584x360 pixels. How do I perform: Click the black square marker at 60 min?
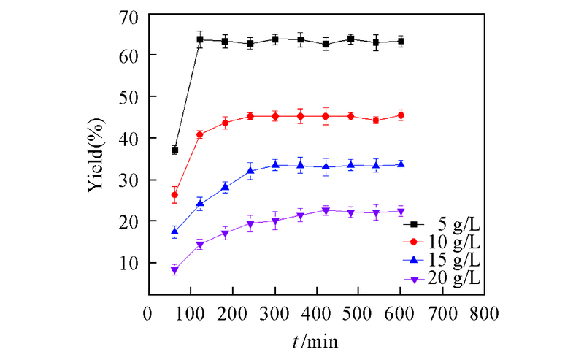pyautogui.click(x=174, y=150)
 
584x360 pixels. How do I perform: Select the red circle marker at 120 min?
pyautogui.click(x=200, y=134)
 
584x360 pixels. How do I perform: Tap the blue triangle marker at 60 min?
pyautogui.click(x=174, y=231)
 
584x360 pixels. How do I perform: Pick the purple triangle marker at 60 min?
pyautogui.click(x=174, y=271)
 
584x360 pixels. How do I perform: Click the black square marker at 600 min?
pyautogui.click(x=401, y=42)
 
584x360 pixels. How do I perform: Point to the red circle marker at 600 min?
pyautogui.click(x=401, y=115)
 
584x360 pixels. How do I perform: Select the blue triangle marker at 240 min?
pyautogui.click(x=250, y=171)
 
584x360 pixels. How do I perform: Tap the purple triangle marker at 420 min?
pyautogui.click(x=326, y=211)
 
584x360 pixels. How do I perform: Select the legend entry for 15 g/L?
pyautogui.click(x=445, y=261)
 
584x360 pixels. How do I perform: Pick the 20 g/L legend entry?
pyautogui.click(x=445, y=279)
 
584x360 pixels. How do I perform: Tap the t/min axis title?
pyautogui.click(x=315, y=341)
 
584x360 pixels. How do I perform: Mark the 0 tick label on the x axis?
pyautogui.click(x=148, y=314)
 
